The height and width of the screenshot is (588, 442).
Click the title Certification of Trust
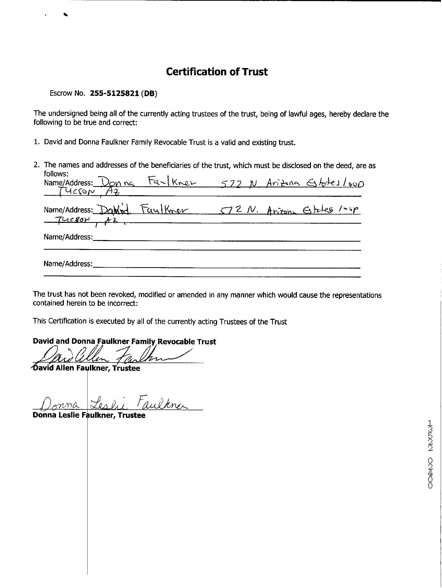tap(217, 72)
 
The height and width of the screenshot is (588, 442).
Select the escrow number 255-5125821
tap(114, 93)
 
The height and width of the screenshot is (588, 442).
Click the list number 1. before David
tap(36, 142)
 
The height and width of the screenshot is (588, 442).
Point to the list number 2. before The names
tap(36, 165)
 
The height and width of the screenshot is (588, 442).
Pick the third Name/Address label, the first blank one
tap(68, 237)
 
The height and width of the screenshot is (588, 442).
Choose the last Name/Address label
tap(68, 264)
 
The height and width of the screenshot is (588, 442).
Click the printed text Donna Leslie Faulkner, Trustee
tap(89, 415)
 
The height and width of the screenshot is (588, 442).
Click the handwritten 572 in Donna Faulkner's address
tap(231, 183)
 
